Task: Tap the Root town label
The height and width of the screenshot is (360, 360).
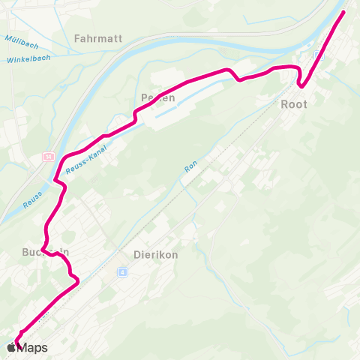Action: (293, 104)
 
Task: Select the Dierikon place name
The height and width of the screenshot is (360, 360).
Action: (155, 254)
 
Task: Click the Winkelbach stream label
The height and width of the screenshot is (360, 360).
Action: (27, 58)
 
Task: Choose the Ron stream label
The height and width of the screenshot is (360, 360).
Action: (190, 167)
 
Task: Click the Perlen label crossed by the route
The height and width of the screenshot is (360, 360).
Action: (157, 97)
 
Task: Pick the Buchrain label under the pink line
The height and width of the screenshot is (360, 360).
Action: (45, 252)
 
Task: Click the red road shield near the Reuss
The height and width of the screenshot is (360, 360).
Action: (48, 157)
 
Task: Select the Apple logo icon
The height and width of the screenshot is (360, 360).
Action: (11, 347)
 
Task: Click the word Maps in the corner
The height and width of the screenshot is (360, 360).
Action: (32, 348)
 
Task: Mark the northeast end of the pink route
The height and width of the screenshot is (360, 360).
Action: (344, 12)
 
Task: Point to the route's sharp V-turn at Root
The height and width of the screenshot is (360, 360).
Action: (301, 85)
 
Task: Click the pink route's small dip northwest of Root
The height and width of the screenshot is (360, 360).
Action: (239, 79)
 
